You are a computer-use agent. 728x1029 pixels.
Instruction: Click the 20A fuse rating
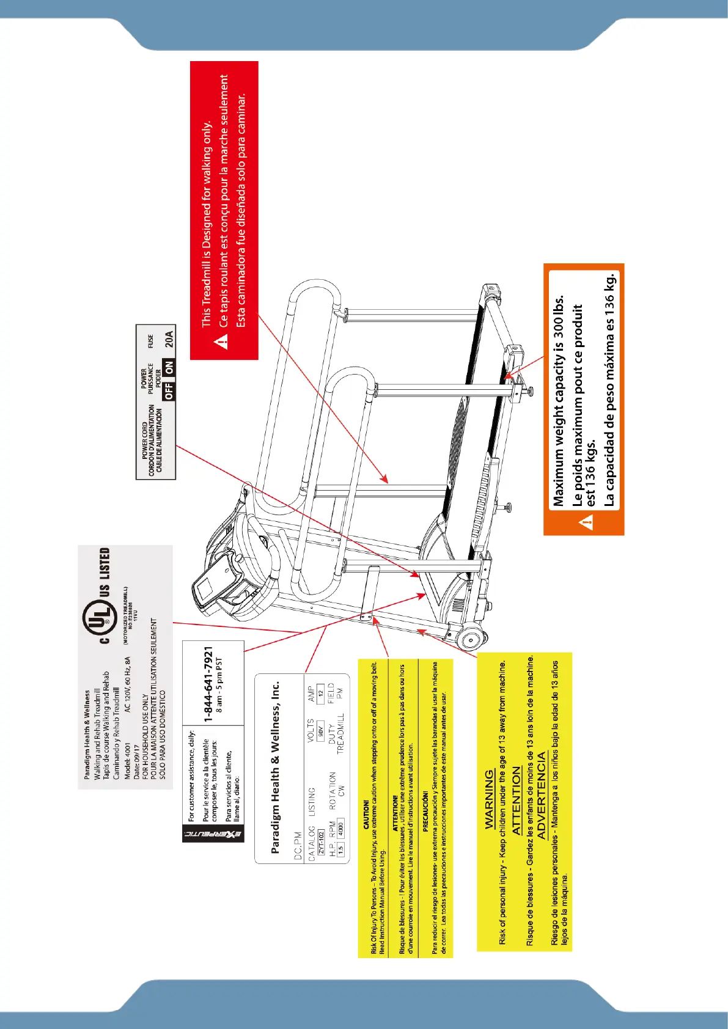(169, 339)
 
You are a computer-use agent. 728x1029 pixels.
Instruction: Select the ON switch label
(169, 367)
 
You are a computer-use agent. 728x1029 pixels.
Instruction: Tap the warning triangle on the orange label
(587, 522)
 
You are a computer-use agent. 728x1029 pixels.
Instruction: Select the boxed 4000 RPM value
(340, 827)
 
